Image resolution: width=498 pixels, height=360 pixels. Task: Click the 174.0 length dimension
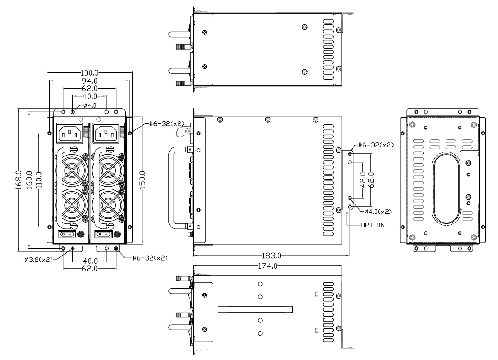point(267,266)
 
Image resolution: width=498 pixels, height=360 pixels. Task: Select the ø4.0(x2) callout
point(378,211)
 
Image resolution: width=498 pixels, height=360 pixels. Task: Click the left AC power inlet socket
point(71,133)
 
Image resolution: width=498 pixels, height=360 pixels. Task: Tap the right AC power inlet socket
point(107,133)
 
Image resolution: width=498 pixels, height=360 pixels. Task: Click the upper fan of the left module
point(71,172)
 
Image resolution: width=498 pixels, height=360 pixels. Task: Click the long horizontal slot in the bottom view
point(256,309)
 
